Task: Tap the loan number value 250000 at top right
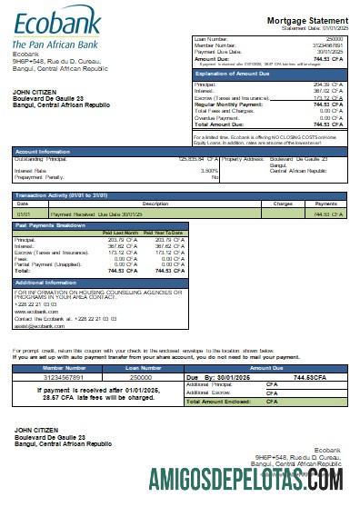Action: (334, 40)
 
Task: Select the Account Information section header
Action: (43, 151)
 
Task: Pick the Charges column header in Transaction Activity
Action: (282, 204)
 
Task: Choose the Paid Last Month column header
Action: (119, 233)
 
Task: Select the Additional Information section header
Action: (46, 283)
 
